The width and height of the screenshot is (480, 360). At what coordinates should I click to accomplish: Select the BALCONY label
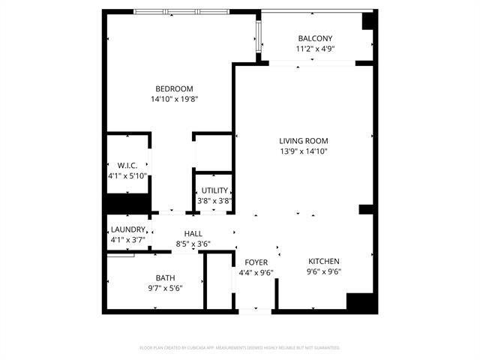click(x=315, y=38)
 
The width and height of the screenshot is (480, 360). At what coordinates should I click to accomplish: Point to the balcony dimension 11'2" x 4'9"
click(x=315, y=49)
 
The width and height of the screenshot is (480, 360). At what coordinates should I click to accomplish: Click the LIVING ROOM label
click(x=304, y=140)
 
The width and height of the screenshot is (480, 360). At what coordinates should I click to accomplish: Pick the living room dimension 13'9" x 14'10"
click(x=304, y=151)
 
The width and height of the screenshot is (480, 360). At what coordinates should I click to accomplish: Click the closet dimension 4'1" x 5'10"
click(x=127, y=176)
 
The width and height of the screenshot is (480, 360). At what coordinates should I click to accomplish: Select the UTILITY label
click(x=214, y=190)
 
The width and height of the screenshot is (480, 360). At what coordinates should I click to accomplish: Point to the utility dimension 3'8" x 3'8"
click(x=214, y=201)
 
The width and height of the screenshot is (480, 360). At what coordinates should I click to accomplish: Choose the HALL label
click(x=193, y=233)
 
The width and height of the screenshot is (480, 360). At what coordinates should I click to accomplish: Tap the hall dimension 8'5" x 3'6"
click(x=193, y=244)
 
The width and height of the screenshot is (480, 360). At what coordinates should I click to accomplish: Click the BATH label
click(x=165, y=277)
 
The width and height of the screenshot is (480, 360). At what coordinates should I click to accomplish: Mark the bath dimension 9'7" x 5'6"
click(x=165, y=288)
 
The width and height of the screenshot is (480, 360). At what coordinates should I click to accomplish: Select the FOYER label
click(x=256, y=262)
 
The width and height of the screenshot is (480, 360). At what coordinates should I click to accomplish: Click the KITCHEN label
click(x=324, y=261)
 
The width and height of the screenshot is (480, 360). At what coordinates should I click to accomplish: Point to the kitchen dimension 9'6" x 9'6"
click(x=324, y=272)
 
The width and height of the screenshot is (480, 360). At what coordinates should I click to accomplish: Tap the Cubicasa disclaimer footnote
click(x=240, y=348)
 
